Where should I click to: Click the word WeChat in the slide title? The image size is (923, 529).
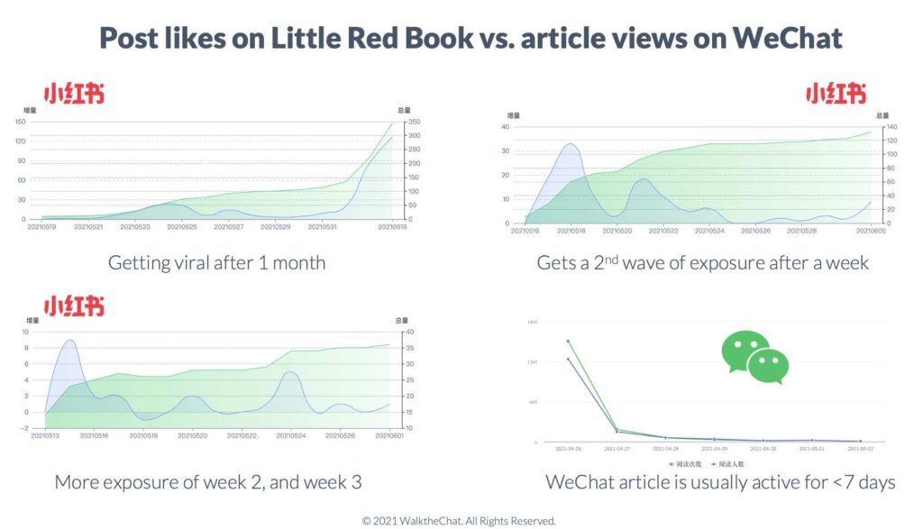tap(786, 38)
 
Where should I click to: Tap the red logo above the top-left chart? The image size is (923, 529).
tap(75, 94)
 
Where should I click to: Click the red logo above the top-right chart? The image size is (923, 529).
tap(836, 94)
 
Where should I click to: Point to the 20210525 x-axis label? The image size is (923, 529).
tap(181, 227)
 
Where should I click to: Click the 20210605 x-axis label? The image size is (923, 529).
tap(870, 232)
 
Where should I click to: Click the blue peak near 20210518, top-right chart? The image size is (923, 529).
tap(570, 144)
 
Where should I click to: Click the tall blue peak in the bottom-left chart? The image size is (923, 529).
tap(69, 341)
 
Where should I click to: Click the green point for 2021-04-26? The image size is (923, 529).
tap(568, 342)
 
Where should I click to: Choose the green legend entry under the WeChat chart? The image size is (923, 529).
tap(685, 464)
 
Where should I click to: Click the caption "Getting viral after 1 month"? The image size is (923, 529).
tap(216, 263)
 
